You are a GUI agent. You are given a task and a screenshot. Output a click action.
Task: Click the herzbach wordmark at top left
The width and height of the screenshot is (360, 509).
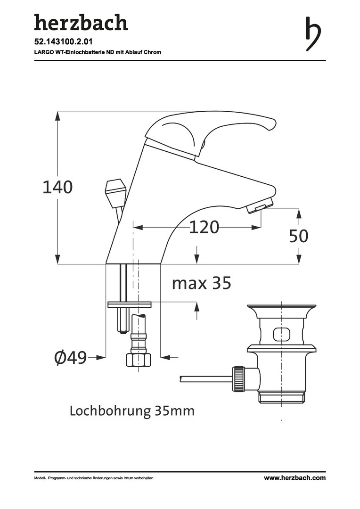click(81, 23)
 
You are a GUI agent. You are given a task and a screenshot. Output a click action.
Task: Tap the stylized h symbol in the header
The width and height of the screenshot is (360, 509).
click(312, 33)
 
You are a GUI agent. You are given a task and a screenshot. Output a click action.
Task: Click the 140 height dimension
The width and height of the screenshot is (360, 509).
click(57, 187)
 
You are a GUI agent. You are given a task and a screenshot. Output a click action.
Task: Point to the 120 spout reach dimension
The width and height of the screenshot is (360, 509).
click(204, 227)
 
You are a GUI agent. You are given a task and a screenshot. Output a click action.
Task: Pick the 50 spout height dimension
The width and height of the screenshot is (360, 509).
click(298, 236)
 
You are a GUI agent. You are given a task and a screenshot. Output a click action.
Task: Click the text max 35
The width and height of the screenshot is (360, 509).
click(201, 283)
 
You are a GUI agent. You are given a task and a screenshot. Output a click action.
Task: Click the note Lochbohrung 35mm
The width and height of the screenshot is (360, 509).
click(132, 411)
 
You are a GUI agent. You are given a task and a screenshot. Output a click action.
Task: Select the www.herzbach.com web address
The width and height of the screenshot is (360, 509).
click(295, 478)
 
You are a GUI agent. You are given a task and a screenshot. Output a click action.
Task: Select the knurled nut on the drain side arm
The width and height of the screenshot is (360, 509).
click(238, 378)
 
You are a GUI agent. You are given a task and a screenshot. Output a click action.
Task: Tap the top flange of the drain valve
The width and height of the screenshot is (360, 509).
click(281, 309)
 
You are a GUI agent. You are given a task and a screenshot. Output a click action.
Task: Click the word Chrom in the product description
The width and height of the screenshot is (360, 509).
click(153, 52)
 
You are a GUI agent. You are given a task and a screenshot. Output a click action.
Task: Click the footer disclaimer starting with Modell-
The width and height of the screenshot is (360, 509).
click(94, 478)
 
